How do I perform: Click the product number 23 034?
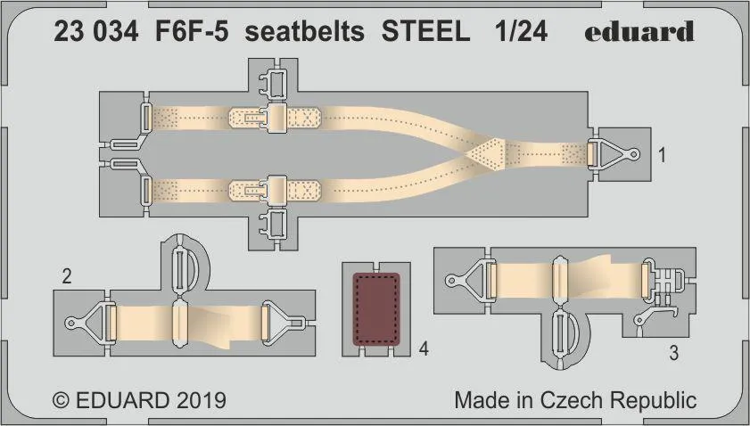click(x=95, y=32)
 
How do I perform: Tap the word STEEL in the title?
click(x=425, y=32)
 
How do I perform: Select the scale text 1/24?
click(x=521, y=32)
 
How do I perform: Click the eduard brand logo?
click(x=639, y=31)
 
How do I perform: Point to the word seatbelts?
click(x=304, y=32)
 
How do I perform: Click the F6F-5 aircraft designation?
click(x=192, y=32)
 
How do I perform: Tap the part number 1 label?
click(x=662, y=155)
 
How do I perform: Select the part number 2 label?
click(x=67, y=276)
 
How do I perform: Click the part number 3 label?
click(x=673, y=353)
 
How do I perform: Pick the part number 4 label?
click(x=424, y=349)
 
